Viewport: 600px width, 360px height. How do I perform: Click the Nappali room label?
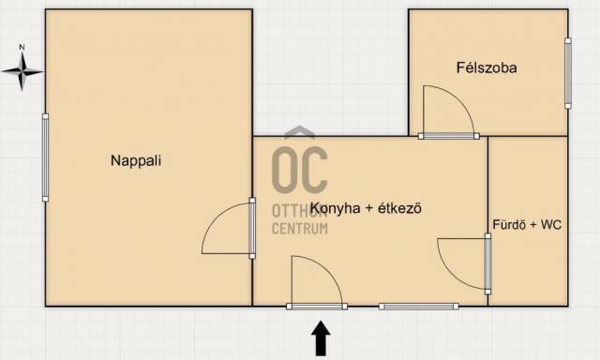136,160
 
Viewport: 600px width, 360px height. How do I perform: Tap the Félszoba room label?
487,67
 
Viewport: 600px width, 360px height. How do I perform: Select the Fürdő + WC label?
527,225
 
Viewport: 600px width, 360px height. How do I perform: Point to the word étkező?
399,208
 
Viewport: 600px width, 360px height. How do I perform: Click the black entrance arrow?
321,338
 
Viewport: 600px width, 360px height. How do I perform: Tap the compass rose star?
22,71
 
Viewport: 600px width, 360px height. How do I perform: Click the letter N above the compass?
22,48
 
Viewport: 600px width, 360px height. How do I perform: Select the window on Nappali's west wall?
45,157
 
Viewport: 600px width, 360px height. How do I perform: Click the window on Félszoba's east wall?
568,73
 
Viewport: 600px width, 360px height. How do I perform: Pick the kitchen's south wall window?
419,306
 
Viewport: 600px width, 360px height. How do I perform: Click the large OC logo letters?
300,170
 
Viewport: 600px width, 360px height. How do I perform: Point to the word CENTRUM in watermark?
300,229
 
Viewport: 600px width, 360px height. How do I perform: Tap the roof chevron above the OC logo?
300,131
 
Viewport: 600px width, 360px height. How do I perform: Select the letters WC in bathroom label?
551,225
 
